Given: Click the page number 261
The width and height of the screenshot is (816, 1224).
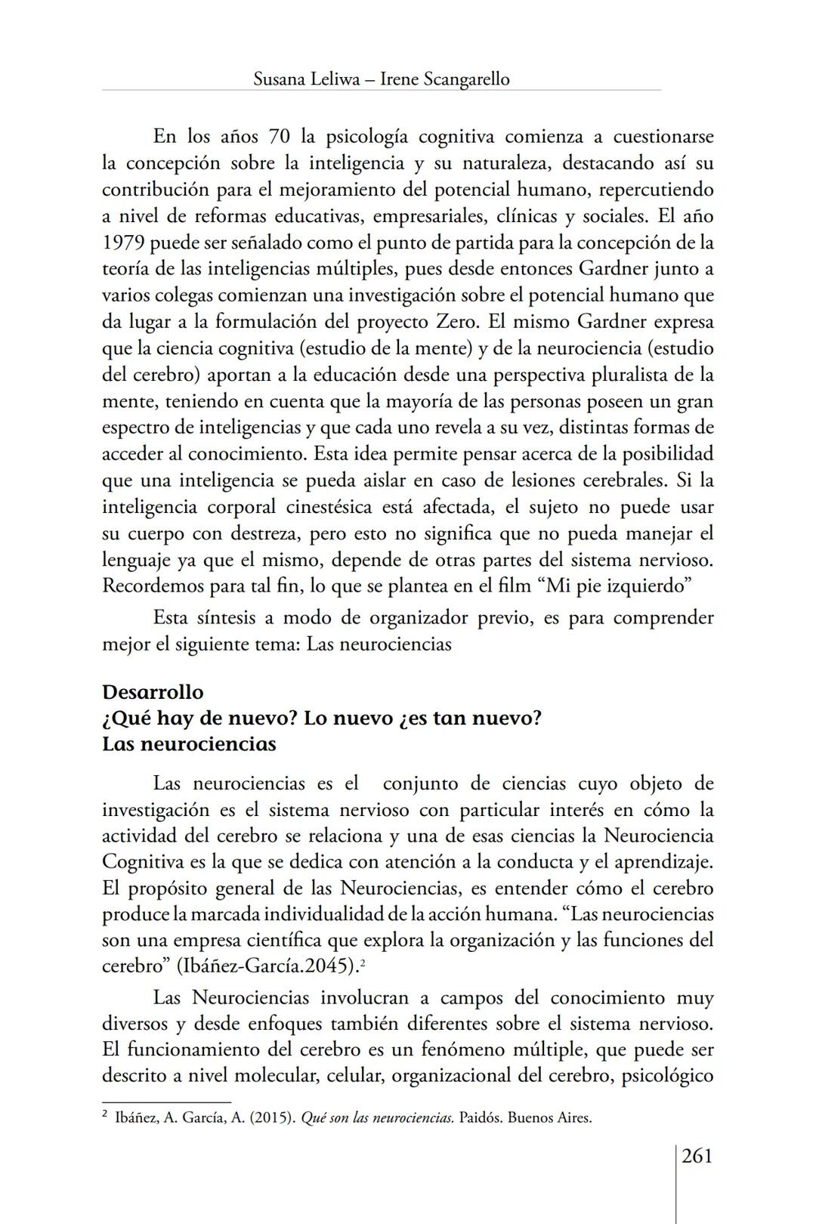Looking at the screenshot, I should [697, 1156].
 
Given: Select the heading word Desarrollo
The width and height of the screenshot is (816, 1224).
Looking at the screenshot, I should [153, 692].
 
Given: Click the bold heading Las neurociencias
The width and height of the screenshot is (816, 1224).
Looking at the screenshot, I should [189, 744].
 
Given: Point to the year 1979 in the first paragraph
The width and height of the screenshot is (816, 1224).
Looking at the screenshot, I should [123, 243].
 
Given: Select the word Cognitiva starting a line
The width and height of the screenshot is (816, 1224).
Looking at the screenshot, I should [139, 862].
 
